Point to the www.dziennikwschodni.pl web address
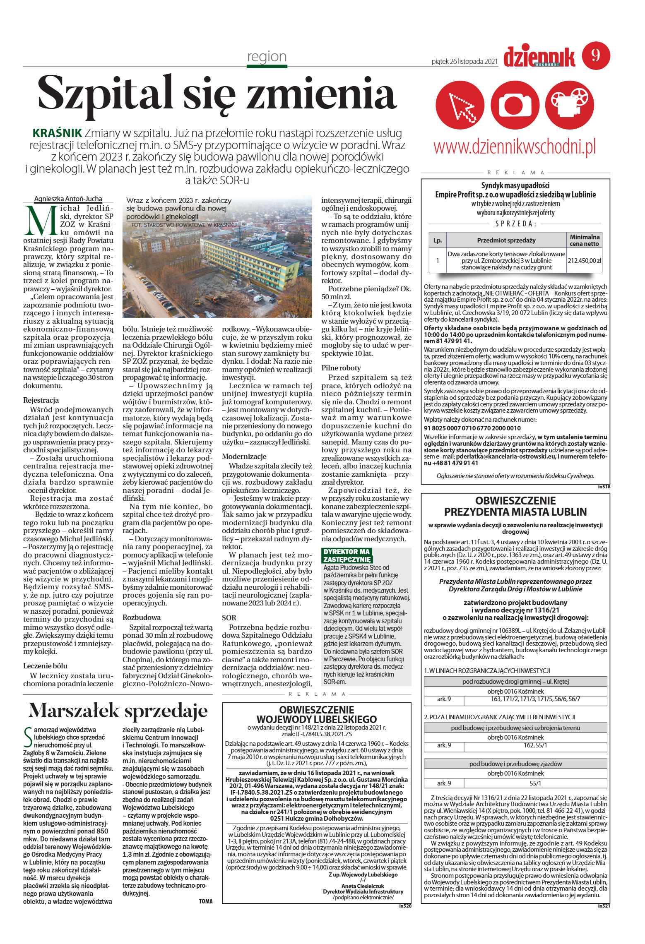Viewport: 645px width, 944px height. click(515, 147)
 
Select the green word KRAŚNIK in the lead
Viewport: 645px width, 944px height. click(57, 133)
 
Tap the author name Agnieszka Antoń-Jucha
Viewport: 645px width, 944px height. click(68, 199)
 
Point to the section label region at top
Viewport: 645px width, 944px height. click(267, 56)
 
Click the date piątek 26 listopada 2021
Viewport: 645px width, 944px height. click(464, 61)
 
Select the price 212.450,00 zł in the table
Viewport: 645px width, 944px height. click(584, 261)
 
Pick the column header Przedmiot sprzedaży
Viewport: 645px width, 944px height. click(506, 240)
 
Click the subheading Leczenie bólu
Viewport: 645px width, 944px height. click(45, 666)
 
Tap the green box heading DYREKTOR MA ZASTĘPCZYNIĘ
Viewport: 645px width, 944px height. click(347, 555)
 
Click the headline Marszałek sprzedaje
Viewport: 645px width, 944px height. click(118, 711)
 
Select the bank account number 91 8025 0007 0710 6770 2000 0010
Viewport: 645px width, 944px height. click(472, 428)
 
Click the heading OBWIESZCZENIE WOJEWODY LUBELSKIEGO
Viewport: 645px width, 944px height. click(316, 715)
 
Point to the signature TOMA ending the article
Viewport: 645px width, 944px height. click(205, 901)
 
